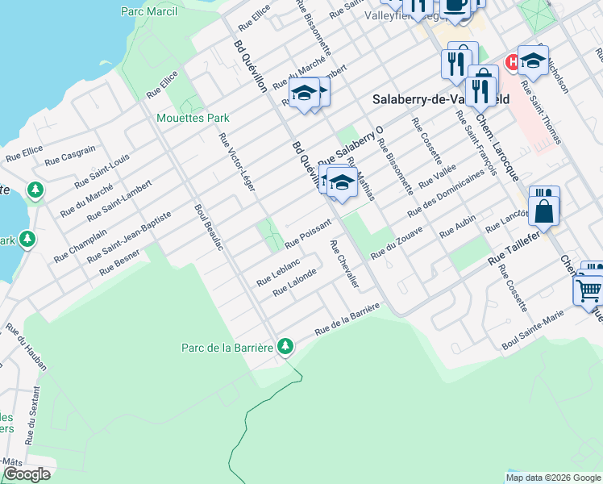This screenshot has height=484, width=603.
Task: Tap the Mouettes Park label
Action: (193, 118)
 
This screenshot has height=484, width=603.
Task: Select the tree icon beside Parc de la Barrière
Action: (285, 347)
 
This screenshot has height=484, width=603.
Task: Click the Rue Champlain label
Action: (81, 244)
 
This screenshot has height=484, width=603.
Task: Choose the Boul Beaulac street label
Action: (208, 227)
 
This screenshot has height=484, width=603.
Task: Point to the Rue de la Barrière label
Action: (347, 319)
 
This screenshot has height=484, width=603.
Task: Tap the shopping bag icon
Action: (545, 211)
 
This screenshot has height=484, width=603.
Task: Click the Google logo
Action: (27, 474)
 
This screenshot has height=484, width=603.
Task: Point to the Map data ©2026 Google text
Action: (553, 478)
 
